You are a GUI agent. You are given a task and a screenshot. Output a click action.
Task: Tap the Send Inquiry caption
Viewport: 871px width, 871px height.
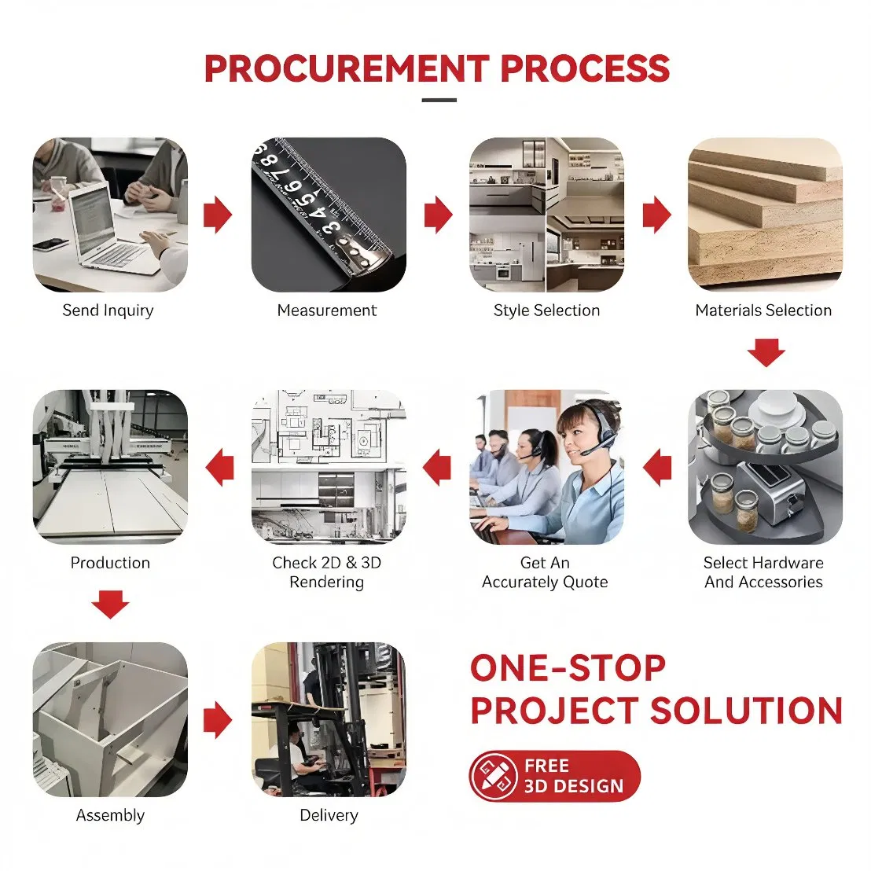point(108,311)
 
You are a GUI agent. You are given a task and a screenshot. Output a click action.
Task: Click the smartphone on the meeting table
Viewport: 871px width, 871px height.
point(50,244)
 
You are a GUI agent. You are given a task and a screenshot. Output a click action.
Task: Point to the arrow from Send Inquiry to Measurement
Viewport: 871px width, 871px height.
point(218,215)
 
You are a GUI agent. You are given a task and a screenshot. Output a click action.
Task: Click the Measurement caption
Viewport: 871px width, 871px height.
point(327,310)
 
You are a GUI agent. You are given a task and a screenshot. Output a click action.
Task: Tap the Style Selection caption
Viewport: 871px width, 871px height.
point(546,310)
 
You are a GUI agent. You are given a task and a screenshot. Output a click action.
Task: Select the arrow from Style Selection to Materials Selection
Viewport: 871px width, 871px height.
point(657,215)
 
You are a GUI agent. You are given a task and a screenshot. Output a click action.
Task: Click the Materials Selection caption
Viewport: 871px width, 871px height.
point(764,310)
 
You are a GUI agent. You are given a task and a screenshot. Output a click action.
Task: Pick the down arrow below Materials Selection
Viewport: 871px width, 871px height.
point(766,353)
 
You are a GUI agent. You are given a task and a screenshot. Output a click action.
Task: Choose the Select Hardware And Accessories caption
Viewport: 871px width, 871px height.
point(764,572)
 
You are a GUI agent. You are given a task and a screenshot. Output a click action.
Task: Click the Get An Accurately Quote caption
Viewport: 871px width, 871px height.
point(545,572)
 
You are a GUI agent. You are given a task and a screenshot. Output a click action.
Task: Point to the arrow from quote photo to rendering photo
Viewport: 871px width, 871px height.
point(437,467)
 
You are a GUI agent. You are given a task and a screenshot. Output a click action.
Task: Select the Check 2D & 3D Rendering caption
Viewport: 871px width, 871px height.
point(327,572)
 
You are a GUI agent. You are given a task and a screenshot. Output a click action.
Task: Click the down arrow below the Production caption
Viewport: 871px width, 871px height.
point(111,605)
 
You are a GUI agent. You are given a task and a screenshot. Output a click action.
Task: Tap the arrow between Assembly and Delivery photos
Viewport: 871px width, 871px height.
point(218,720)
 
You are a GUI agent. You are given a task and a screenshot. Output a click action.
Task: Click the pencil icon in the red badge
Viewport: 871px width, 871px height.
point(493,775)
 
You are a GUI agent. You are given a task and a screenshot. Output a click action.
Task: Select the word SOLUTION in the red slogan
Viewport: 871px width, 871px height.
point(746,711)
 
